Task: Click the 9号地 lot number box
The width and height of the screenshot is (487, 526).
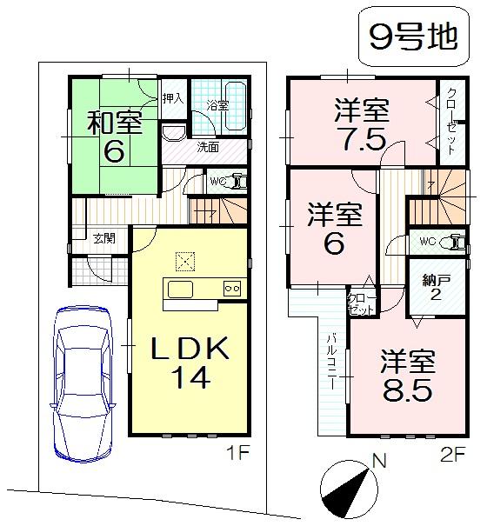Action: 409,38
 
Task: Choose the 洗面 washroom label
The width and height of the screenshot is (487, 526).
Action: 208,147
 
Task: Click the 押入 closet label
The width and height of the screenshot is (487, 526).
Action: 173,97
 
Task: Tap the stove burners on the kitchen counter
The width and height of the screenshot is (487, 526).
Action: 231,290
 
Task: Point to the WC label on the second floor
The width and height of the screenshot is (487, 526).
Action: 426,241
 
